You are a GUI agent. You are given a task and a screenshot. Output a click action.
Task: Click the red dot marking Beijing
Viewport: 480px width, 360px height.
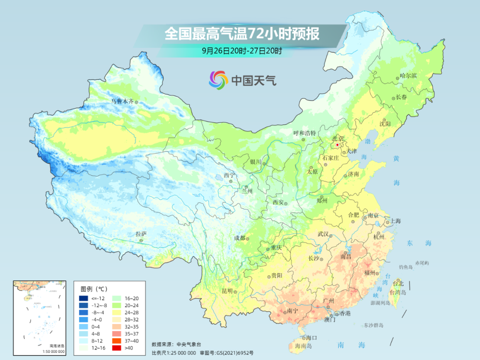(x=337, y=145)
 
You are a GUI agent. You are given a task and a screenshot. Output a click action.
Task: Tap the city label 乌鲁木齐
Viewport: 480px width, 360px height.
(x=122, y=101)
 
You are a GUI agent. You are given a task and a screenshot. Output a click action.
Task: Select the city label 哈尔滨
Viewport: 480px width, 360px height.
(x=408, y=76)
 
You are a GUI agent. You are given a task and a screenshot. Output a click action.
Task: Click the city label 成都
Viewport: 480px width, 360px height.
(x=240, y=238)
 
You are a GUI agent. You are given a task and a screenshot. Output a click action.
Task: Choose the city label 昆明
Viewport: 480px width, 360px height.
(x=227, y=291)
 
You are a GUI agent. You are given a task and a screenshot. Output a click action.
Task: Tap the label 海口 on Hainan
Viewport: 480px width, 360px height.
(x=312, y=338)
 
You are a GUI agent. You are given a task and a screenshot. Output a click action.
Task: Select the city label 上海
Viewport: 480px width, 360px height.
(x=395, y=221)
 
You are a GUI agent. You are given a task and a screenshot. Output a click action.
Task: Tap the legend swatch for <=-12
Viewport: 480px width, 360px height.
(x=84, y=298)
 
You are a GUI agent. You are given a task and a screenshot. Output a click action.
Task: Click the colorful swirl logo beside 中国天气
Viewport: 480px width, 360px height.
(x=218, y=80)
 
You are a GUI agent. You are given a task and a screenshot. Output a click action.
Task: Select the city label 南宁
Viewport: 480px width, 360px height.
(x=292, y=311)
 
